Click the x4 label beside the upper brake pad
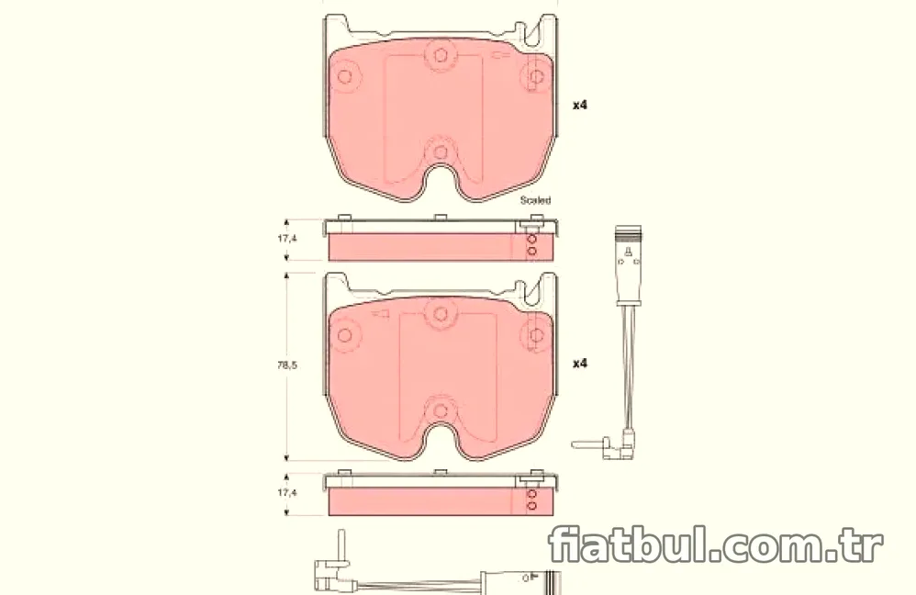[x=579, y=106]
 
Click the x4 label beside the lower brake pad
[x=579, y=364]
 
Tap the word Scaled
[x=535, y=200]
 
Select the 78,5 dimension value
[x=287, y=365]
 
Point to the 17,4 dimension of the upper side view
[x=287, y=239]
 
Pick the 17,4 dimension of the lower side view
[x=287, y=493]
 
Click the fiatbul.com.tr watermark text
[x=715, y=544]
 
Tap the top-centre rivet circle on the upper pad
[x=441, y=55]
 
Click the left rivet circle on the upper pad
[x=345, y=76]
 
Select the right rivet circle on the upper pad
[x=536, y=76]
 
